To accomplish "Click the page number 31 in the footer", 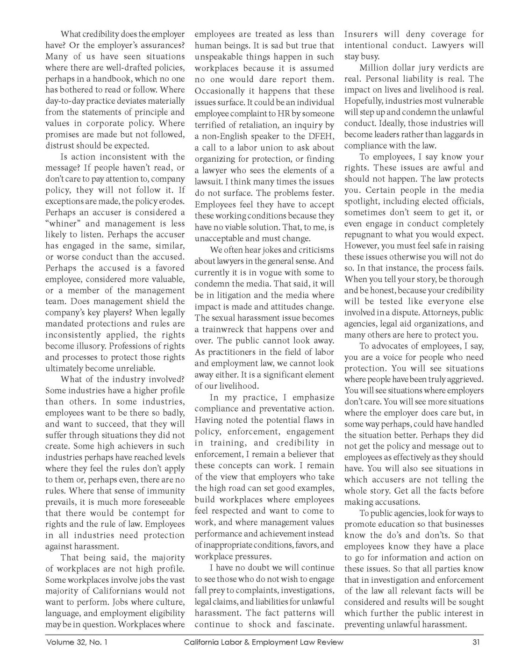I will coord(476,642).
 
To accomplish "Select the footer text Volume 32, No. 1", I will coord(77,642).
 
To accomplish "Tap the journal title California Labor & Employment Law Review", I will coord(264,642).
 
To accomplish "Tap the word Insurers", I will coord(361,34).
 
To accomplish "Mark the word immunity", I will coord(164,491).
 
